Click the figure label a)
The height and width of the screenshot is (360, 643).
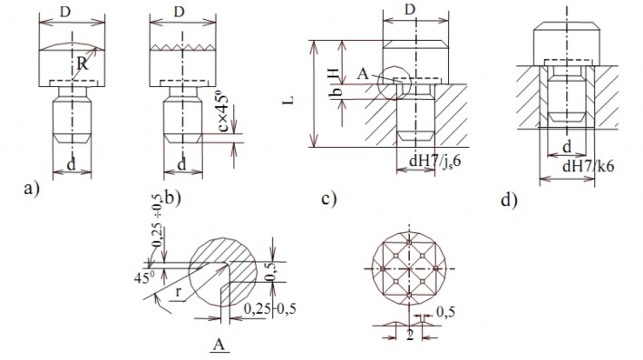(32, 190)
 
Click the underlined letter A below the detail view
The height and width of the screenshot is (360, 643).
(217, 345)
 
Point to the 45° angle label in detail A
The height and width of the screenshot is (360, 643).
(141, 277)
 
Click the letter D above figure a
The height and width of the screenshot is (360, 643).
(65, 11)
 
